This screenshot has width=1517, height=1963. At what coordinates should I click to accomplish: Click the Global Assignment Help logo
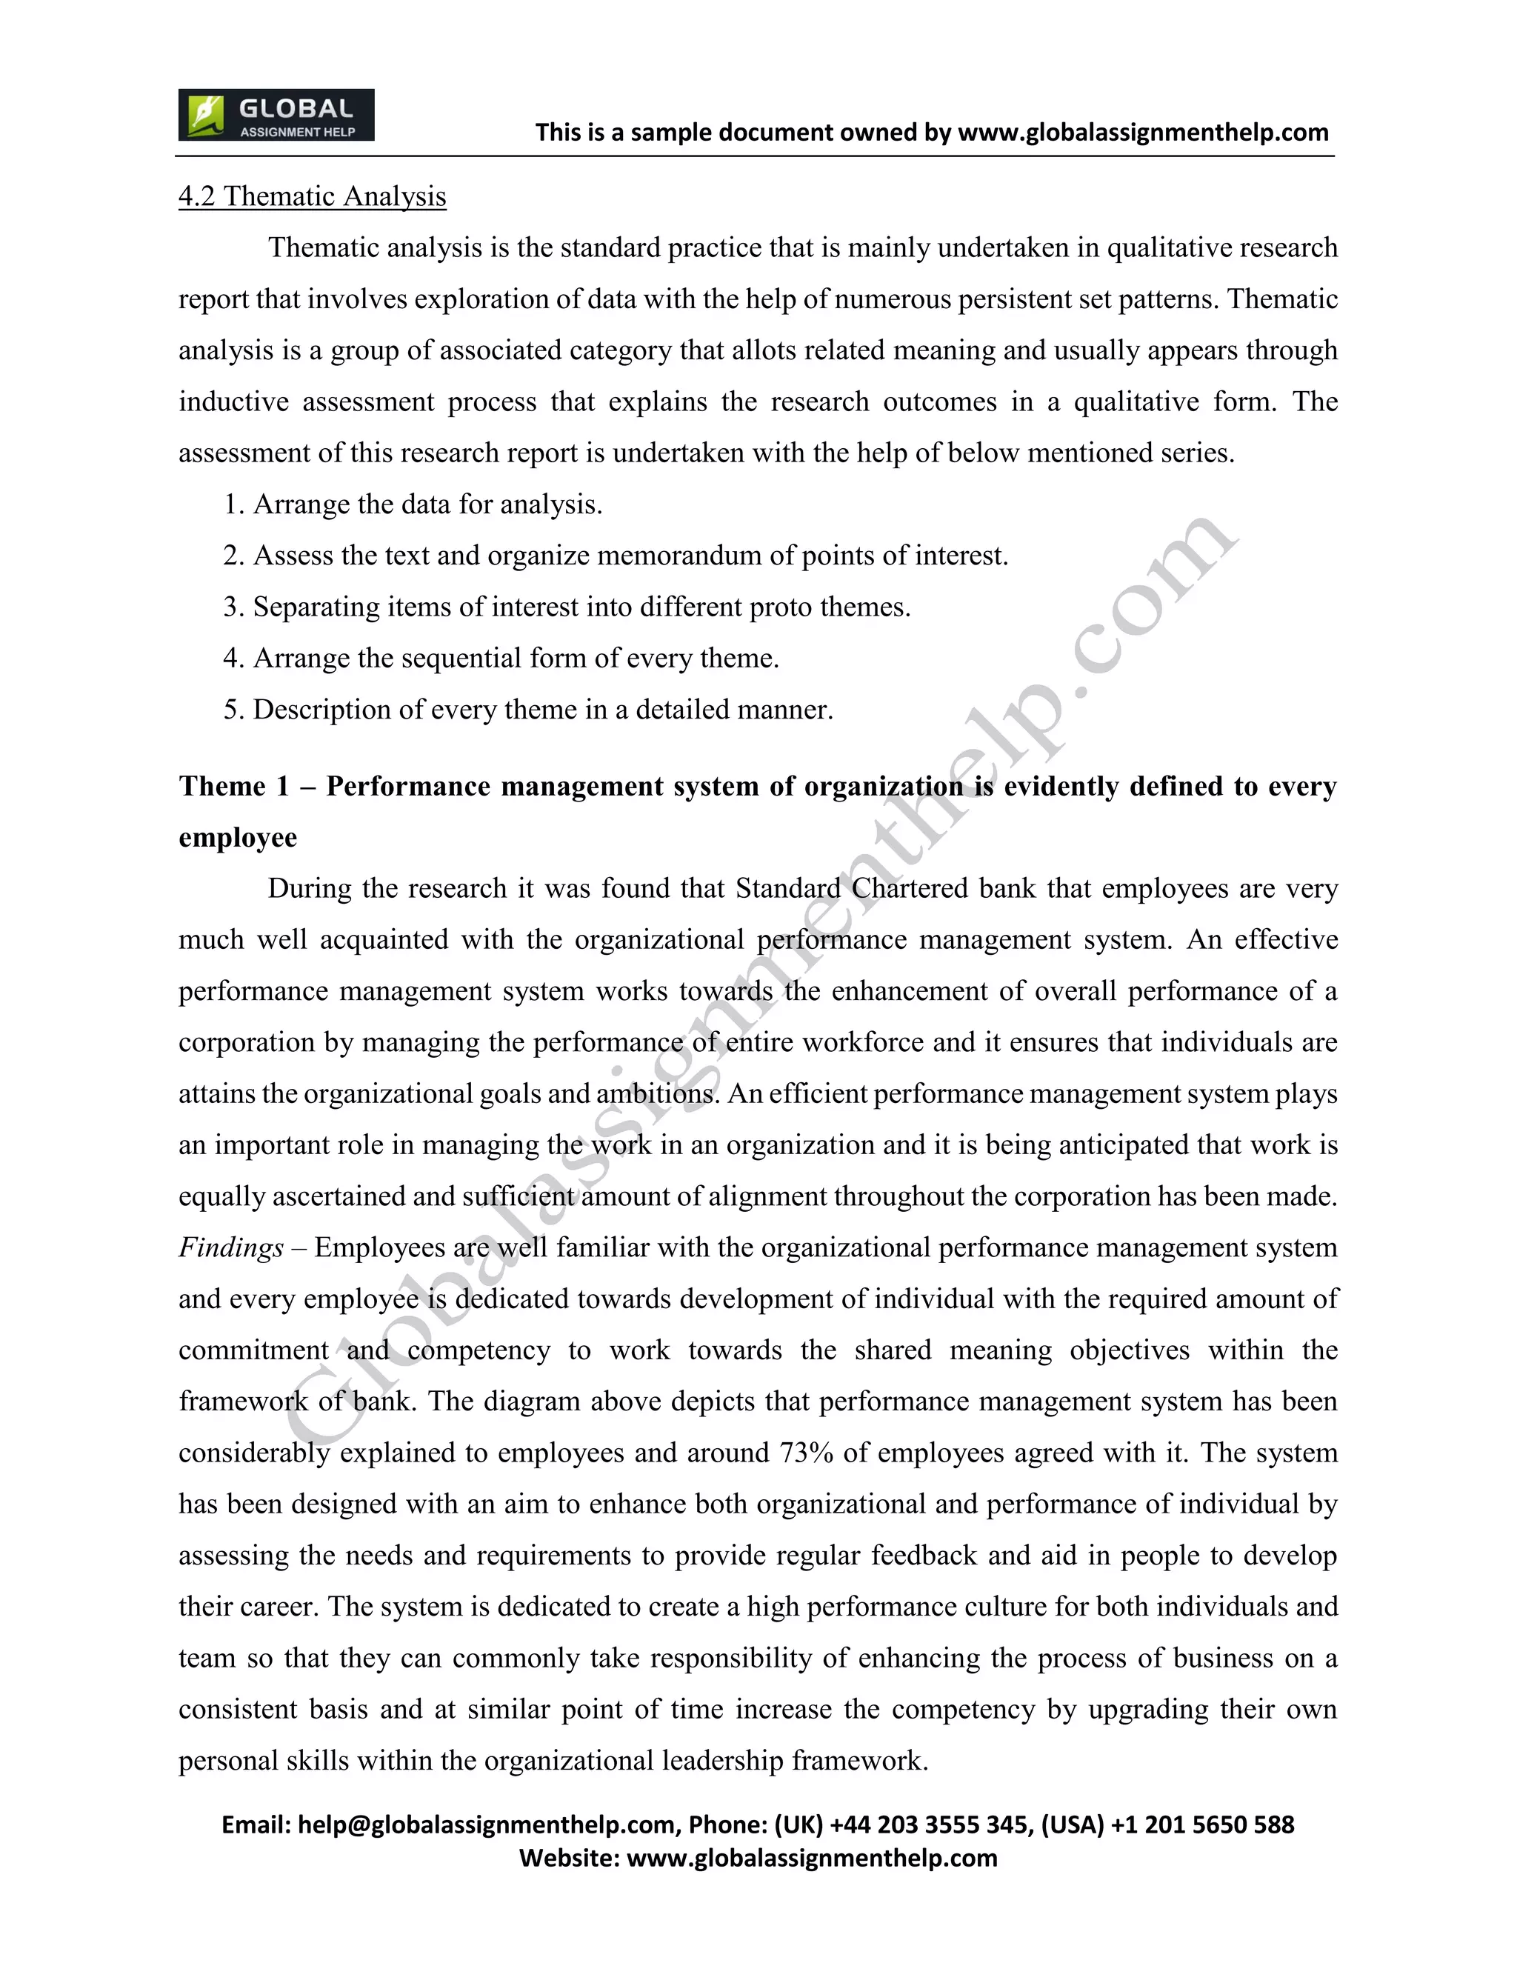pyautogui.click(x=276, y=115)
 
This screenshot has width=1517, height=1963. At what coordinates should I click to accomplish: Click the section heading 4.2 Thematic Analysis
pyautogui.click(x=312, y=196)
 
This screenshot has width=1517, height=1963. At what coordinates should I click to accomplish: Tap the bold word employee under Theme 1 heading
pyautogui.click(x=237, y=837)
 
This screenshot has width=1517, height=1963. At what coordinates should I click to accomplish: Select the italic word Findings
pyautogui.click(x=231, y=1247)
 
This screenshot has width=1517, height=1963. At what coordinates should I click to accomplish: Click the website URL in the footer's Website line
pyautogui.click(x=812, y=1858)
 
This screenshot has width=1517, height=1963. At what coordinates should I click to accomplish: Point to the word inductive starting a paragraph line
pyautogui.click(x=233, y=401)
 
